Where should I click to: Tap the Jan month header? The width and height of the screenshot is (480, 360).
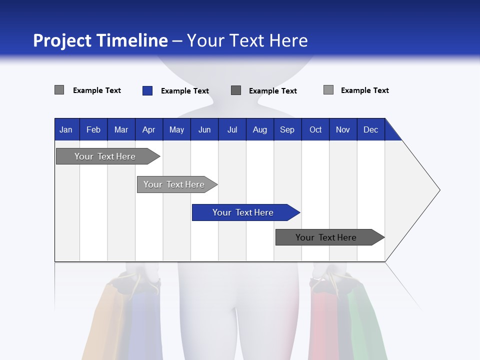[x=66, y=129]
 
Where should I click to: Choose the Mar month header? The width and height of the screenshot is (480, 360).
[x=121, y=129]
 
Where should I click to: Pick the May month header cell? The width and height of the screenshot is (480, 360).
[x=176, y=129]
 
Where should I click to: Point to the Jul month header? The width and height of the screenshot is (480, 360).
[x=232, y=129]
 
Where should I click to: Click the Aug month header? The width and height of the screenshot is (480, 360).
[x=259, y=129]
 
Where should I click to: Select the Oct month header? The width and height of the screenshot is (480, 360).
[x=315, y=129]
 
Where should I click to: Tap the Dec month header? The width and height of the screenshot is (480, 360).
[x=370, y=129]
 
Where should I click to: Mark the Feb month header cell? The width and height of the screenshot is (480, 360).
[x=93, y=129]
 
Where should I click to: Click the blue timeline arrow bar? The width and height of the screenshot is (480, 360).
[x=245, y=212]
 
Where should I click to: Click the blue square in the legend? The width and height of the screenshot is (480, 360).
[x=147, y=90]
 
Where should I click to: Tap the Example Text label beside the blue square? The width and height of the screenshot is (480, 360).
[x=184, y=91]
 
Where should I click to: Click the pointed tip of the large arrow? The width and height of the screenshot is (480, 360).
[x=438, y=190]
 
